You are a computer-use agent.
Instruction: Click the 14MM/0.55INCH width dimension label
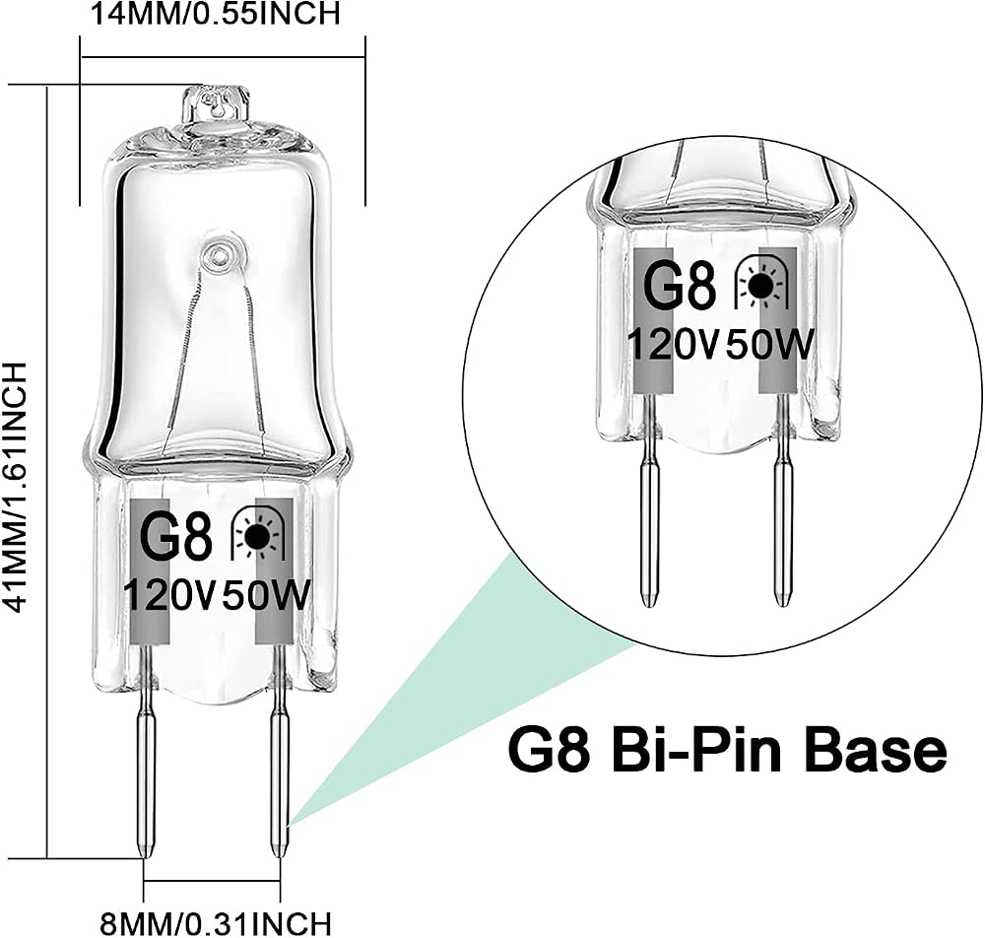pyautogui.click(x=216, y=13)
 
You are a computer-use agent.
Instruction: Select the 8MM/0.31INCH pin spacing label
pyautogui.click(x=216, y=923)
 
